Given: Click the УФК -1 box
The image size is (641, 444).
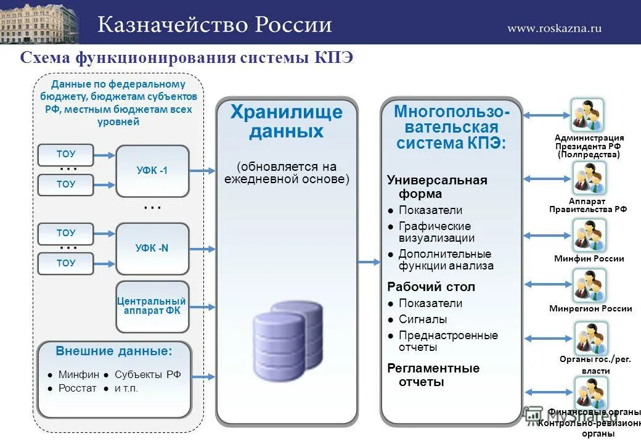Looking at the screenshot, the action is [152, 171].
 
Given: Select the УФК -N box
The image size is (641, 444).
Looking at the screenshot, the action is [152, 249].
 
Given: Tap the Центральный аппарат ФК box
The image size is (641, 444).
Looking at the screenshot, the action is [152, 306].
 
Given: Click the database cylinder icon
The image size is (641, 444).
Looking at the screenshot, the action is [287, 334].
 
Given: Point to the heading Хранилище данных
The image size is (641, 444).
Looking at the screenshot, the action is [286, 121].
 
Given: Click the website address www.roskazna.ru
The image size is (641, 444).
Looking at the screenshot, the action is [554, 28].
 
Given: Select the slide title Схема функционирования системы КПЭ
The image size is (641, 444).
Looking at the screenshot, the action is [186, 58].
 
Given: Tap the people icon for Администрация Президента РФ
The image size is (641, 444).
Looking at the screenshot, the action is [587, 115].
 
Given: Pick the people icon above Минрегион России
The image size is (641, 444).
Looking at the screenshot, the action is [589, 286].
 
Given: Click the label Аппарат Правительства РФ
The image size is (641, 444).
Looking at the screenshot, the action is [587, 205].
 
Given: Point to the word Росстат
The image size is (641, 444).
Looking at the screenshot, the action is [78, 388].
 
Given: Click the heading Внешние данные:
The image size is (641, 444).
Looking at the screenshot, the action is [114, 351].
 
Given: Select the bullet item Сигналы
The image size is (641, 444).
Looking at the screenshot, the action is [423, 319].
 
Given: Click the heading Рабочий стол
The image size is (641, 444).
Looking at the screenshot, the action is [431, 287].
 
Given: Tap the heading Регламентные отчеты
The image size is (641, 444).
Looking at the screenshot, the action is [433, 375].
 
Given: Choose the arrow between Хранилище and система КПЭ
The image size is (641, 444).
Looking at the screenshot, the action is [369, 262].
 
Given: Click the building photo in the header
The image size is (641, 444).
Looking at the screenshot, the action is [40, 22].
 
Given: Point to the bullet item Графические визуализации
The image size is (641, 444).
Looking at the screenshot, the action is [436, 232].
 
